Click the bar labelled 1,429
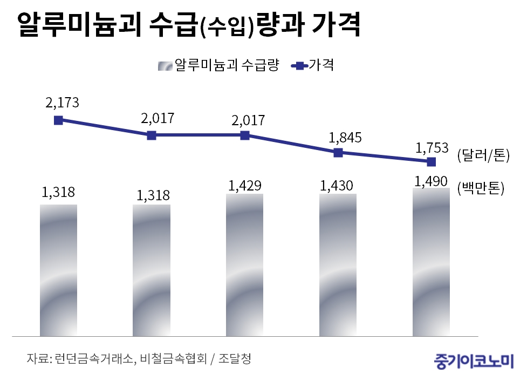[244, 264]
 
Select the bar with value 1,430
[338, 264]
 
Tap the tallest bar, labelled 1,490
[431, 262]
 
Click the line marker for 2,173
[58, 120]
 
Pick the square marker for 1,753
[431, 161]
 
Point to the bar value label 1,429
[245, 186]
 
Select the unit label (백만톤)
[480, 188]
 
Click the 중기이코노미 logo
[475, 359]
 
